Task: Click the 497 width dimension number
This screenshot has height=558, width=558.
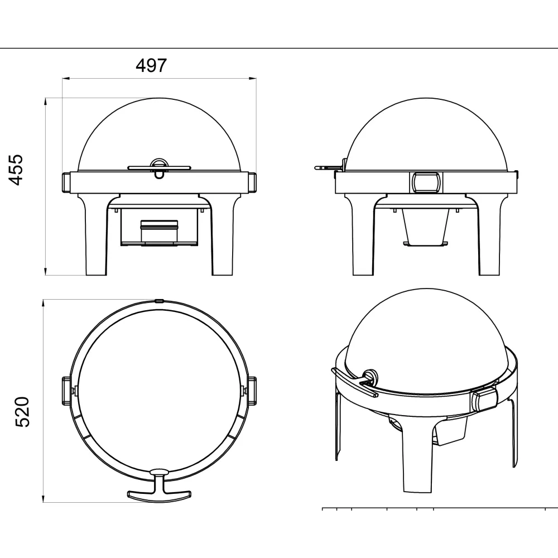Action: (151, 65)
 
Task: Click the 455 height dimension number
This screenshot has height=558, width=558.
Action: (18, 170)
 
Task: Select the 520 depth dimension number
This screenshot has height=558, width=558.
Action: (21, 412)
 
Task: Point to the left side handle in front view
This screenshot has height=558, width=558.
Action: (65, 182)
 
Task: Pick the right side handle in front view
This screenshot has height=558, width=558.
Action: (252, 182)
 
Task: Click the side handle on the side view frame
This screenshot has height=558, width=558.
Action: (425, 182)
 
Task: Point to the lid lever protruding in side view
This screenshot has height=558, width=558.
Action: (326, 166)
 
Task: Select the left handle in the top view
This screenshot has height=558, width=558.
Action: (66, 391)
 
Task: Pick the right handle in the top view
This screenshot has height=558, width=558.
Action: (252, 391)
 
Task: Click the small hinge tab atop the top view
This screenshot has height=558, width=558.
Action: (159, 300)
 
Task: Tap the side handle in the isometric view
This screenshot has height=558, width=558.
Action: (484, 398)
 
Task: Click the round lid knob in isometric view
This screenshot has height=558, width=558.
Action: (369, 374)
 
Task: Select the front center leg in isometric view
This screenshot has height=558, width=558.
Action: (417, 463)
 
